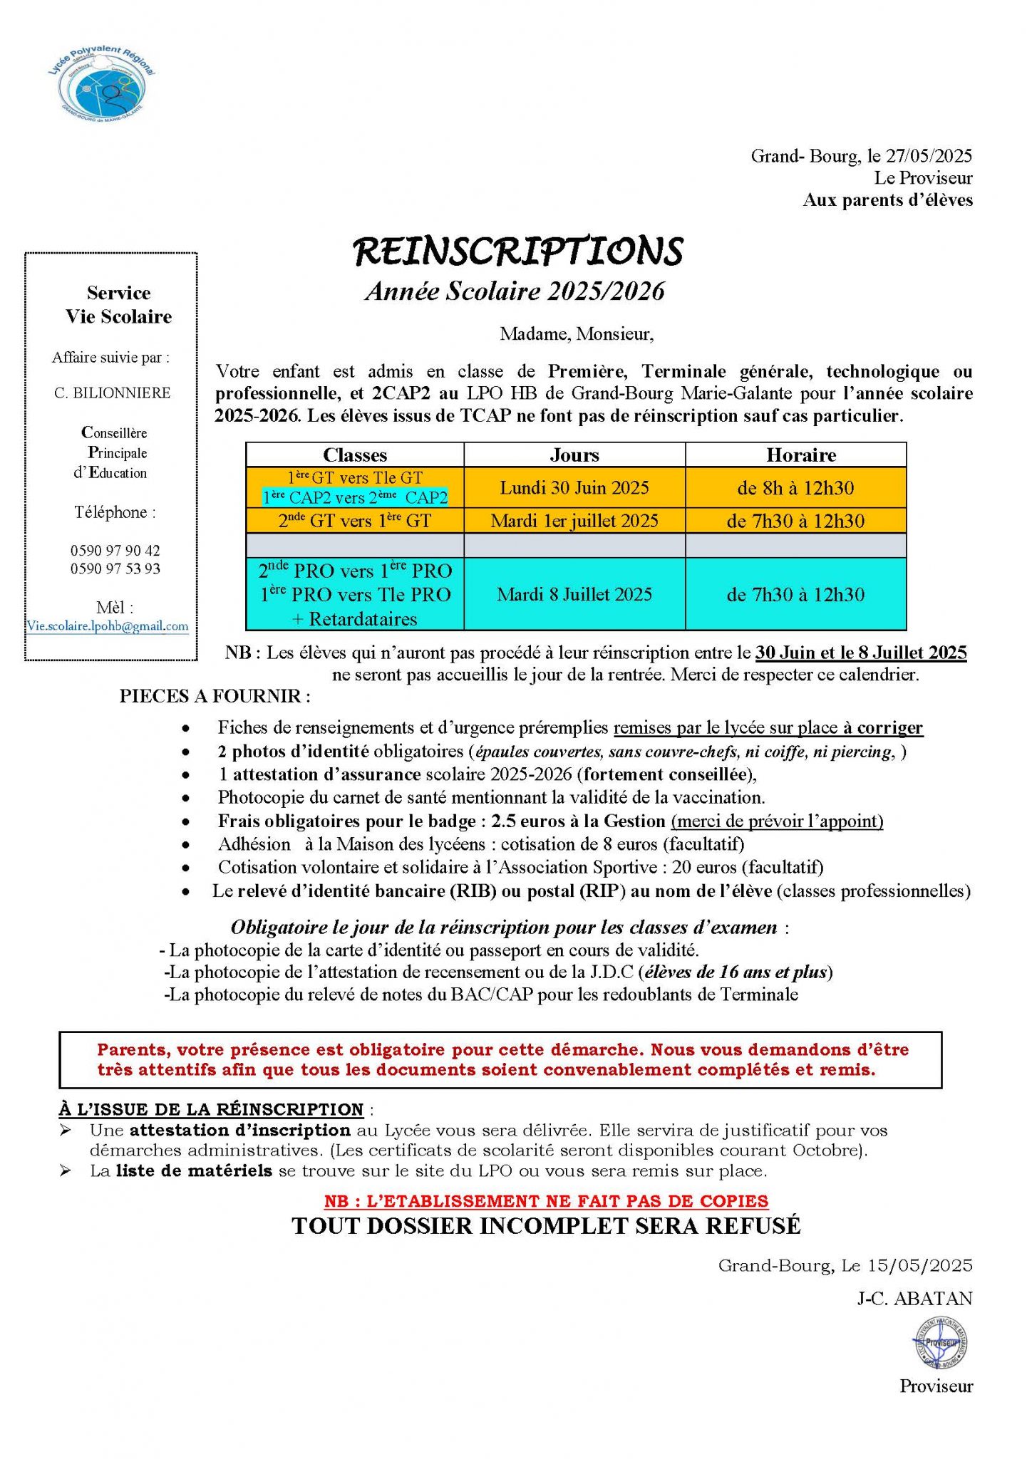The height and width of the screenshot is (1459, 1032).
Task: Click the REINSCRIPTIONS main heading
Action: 518,251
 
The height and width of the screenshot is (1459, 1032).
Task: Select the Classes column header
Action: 355,455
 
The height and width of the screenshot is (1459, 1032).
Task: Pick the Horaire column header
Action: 801,455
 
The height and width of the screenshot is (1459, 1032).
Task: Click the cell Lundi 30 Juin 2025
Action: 574,488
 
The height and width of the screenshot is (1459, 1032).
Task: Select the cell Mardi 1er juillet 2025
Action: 574,521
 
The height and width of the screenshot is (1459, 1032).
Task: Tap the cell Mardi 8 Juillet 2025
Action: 574,594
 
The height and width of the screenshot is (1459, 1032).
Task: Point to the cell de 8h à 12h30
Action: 795,488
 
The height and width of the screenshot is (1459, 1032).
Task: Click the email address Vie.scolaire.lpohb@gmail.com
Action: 108,626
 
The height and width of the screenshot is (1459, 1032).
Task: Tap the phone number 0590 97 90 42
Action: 115,550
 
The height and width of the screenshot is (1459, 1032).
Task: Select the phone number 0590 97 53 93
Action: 115,568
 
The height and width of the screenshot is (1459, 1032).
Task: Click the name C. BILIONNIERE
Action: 113,393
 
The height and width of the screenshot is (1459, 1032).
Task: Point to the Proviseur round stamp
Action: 940,1343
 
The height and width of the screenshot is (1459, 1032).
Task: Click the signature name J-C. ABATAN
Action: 914,1299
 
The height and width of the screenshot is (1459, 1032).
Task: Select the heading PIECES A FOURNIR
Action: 215,696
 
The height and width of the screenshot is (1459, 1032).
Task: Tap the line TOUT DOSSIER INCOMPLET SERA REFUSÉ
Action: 546,1226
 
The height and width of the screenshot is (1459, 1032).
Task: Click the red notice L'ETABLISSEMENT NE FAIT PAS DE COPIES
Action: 546,1201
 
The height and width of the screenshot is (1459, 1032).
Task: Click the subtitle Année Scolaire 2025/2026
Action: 515,291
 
